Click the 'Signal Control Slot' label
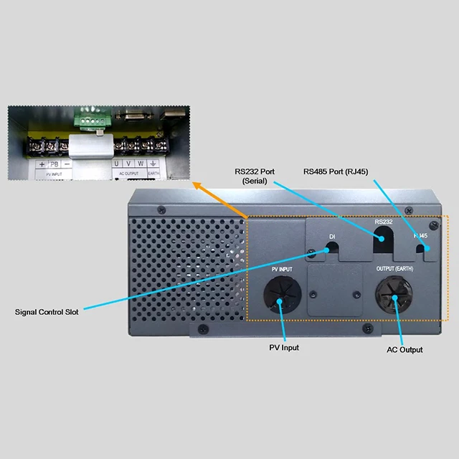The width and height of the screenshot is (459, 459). coord(47,312)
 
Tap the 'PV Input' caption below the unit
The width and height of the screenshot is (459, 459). coord(283,348)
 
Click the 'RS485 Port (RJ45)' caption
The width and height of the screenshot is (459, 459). coord(336,172)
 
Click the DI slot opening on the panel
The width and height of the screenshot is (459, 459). coord(332,247)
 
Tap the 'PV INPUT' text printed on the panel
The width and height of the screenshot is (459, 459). coord(281,269)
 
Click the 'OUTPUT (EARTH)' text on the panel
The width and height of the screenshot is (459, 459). coord(395,268)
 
